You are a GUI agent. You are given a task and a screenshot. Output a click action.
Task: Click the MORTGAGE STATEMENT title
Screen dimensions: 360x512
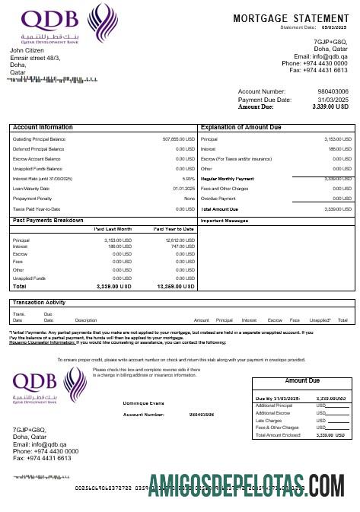point(292,17)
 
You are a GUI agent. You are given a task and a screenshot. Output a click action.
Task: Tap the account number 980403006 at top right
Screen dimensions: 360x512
point(334,91)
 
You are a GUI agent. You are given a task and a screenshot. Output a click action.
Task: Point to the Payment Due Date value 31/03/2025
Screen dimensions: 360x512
point(333,100)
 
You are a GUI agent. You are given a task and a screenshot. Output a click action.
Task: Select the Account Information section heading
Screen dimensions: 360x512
point(43,127)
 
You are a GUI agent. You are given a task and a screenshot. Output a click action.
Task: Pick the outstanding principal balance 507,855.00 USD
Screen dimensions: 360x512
point(179,140)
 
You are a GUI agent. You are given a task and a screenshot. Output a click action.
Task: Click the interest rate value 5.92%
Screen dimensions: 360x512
point(188,179)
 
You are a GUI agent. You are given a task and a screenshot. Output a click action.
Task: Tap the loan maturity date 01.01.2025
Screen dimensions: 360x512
point(184,189)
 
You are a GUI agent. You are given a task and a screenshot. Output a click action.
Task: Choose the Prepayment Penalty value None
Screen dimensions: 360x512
point(190,198)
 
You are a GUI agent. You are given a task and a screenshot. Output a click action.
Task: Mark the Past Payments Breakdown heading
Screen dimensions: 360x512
point(49,220)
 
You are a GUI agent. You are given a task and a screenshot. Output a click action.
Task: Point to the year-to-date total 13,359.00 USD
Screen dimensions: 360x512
point(177,287)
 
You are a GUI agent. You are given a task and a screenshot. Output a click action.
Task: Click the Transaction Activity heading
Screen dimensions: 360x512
point(44,303)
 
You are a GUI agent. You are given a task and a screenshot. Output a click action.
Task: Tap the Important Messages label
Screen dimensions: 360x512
point(225,221)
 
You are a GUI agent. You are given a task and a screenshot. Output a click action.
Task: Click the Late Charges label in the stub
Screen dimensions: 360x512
point(271,420)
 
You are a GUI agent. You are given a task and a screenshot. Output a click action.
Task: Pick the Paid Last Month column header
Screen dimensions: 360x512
point(113,229)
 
